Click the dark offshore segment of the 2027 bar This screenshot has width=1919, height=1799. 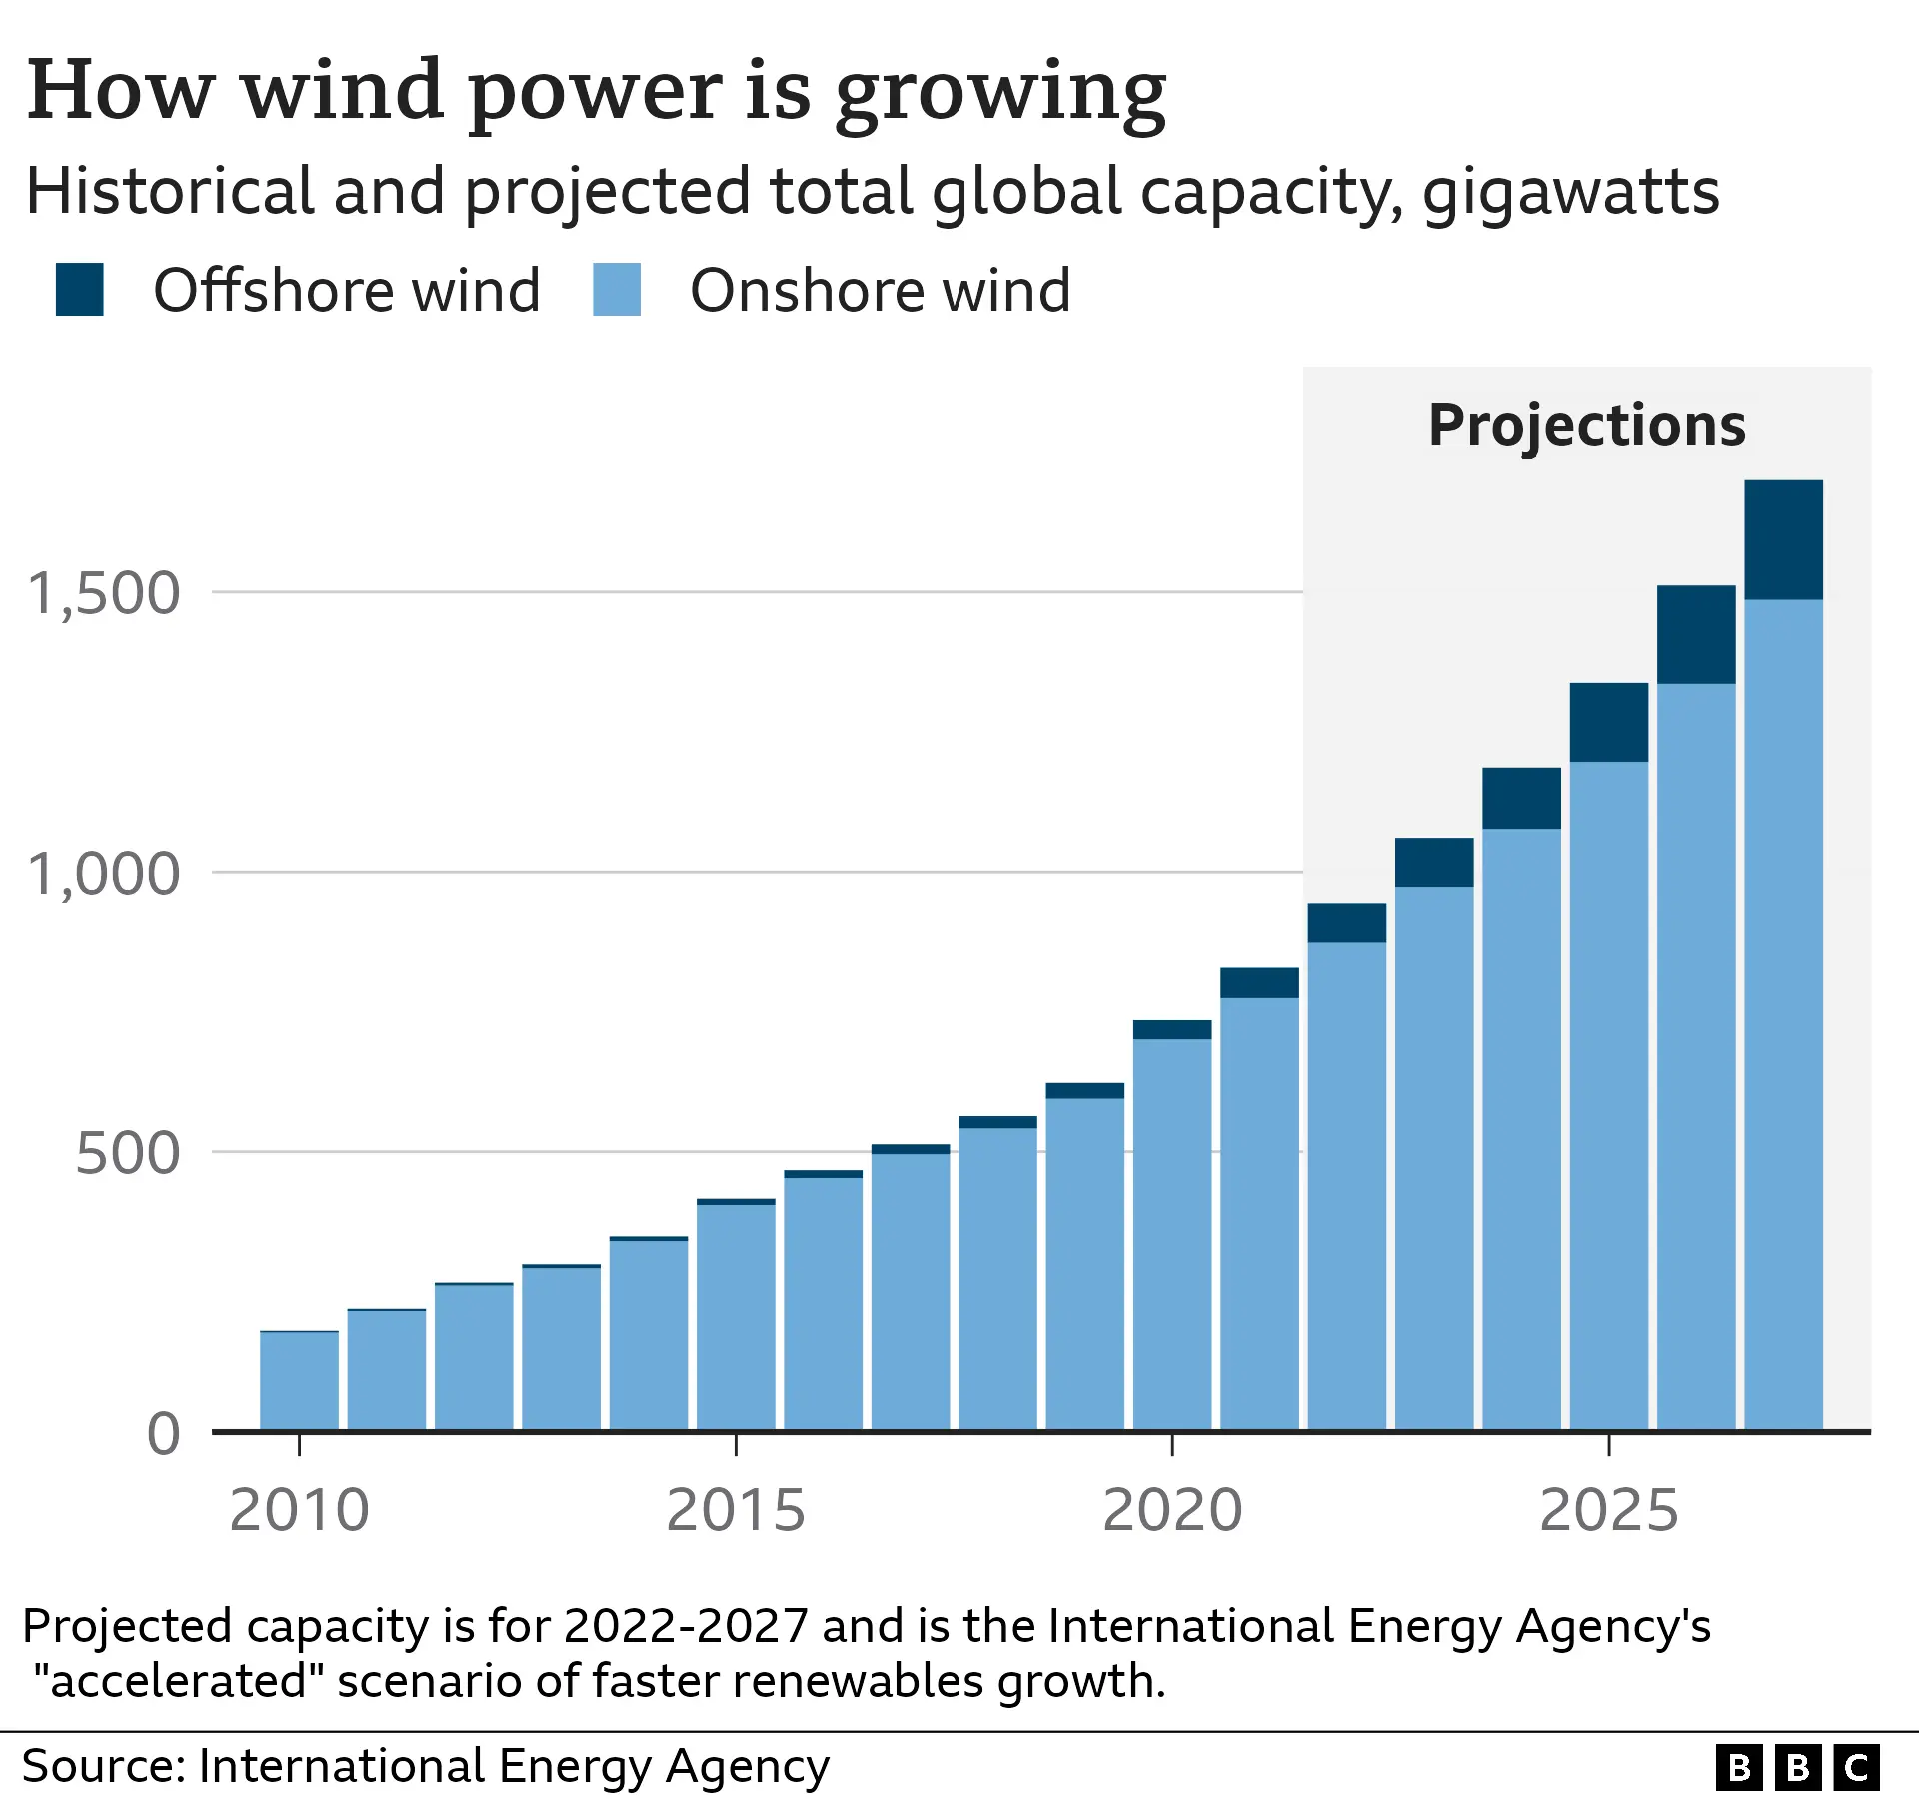point(1783,540)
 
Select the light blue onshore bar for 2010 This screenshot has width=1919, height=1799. point(299,1381)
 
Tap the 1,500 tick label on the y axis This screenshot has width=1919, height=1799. point(104,593)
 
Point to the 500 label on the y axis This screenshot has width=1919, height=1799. point(127,1153)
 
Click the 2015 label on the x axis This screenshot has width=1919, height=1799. point(736,1510)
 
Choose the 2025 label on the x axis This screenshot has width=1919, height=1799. point(1608,1510)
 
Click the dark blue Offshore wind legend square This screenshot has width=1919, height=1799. point(80,290)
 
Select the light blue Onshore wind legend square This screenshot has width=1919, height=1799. point(616,290)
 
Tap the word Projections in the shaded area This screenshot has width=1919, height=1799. point(1586,425)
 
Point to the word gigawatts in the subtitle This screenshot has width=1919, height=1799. point(1570,192)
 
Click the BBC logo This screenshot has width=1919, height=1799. point(1797,1768)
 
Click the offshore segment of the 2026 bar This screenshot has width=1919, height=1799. point(1696,635)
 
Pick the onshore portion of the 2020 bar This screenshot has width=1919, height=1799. point(1172,1234)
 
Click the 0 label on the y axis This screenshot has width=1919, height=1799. point(163,1433)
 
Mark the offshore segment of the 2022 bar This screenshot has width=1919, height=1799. point(1346,923)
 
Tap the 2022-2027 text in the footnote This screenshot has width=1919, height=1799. point(685,1626)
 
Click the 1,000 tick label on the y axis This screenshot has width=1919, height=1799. point(104,874)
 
